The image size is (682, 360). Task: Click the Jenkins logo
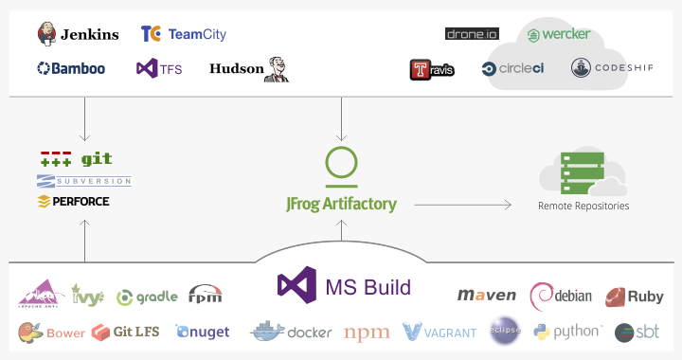(78, 34)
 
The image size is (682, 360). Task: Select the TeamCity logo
(183, 34)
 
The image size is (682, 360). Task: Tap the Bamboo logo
(71, 68)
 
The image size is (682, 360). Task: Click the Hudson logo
(249, 68)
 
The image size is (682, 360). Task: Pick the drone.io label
(472, 34)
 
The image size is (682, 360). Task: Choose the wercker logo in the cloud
(559, 35)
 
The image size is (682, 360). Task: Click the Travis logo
(432, 69)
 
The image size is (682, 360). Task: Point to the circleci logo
(514, 68)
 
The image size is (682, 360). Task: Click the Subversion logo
(83, 181)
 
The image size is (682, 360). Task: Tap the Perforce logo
(73, 202)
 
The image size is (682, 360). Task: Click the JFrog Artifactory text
(341, 204)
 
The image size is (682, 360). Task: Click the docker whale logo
(267, 332)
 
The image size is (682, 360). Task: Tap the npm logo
(367, 333)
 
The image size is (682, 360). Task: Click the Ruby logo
(634, 297)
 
